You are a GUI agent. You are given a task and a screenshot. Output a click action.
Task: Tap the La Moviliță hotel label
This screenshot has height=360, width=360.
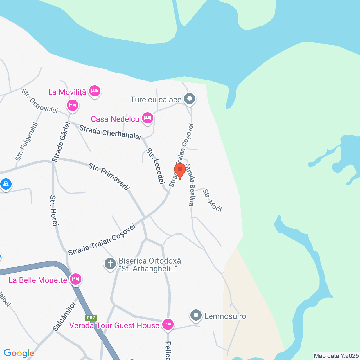tap(67, 92)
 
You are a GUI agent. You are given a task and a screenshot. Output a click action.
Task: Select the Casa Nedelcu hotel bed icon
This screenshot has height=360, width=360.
tap(148, 118)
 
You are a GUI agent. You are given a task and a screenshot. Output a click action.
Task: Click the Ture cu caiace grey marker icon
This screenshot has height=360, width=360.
tap(190, 99)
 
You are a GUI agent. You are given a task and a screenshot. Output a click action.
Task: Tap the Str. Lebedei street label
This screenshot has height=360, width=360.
tap(155, 166)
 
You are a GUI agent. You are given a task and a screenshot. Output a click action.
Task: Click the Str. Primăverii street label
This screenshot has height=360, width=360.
tap(109, 177)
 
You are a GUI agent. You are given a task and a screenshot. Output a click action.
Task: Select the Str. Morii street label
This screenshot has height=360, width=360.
tap(212, 200)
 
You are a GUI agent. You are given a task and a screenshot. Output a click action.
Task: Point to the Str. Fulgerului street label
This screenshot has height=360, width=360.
tap(27, 141)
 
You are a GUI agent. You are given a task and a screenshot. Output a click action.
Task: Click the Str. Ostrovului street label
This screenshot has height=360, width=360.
tap(40, 101)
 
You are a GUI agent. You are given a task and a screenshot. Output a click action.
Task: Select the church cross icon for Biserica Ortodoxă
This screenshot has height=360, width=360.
tap(110, 264)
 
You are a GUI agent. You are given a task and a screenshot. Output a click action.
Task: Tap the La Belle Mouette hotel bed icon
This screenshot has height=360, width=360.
tap(76, 279)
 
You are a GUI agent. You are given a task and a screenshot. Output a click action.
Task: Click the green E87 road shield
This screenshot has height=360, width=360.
tap(91, 318)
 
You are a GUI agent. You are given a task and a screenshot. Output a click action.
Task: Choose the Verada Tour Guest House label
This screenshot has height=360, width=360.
tap(114, 325)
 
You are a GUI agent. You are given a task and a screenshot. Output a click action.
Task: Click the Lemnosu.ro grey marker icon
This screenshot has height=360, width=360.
tap(196, 316)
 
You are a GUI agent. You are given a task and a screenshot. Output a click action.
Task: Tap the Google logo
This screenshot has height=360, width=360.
tap(19, 353)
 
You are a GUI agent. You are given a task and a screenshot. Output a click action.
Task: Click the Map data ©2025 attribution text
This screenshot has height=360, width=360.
tap(336, 356)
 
